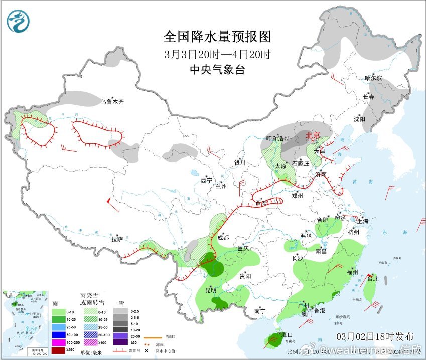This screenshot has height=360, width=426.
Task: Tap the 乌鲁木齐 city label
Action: (x=111, y=102)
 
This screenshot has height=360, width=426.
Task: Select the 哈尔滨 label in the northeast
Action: (x=373, y=78)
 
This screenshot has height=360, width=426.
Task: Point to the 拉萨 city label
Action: (x=117, y=240)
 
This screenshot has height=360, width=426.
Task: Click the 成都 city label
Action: (x=223, y=238)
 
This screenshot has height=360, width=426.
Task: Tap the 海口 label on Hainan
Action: (x=287, y=334)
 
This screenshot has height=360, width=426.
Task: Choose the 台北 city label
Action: (x=372, y=279)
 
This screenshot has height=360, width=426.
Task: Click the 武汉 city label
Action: (x=306, y=235)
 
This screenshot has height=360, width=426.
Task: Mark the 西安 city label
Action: (x=261, y=203)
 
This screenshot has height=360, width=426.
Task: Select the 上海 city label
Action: (x=363, y=221)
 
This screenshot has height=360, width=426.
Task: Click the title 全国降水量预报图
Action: (x=217, y=37)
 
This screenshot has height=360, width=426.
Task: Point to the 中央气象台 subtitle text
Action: (x=217, y=70)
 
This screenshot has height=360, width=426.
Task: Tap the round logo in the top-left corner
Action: (x=18, y=21)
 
